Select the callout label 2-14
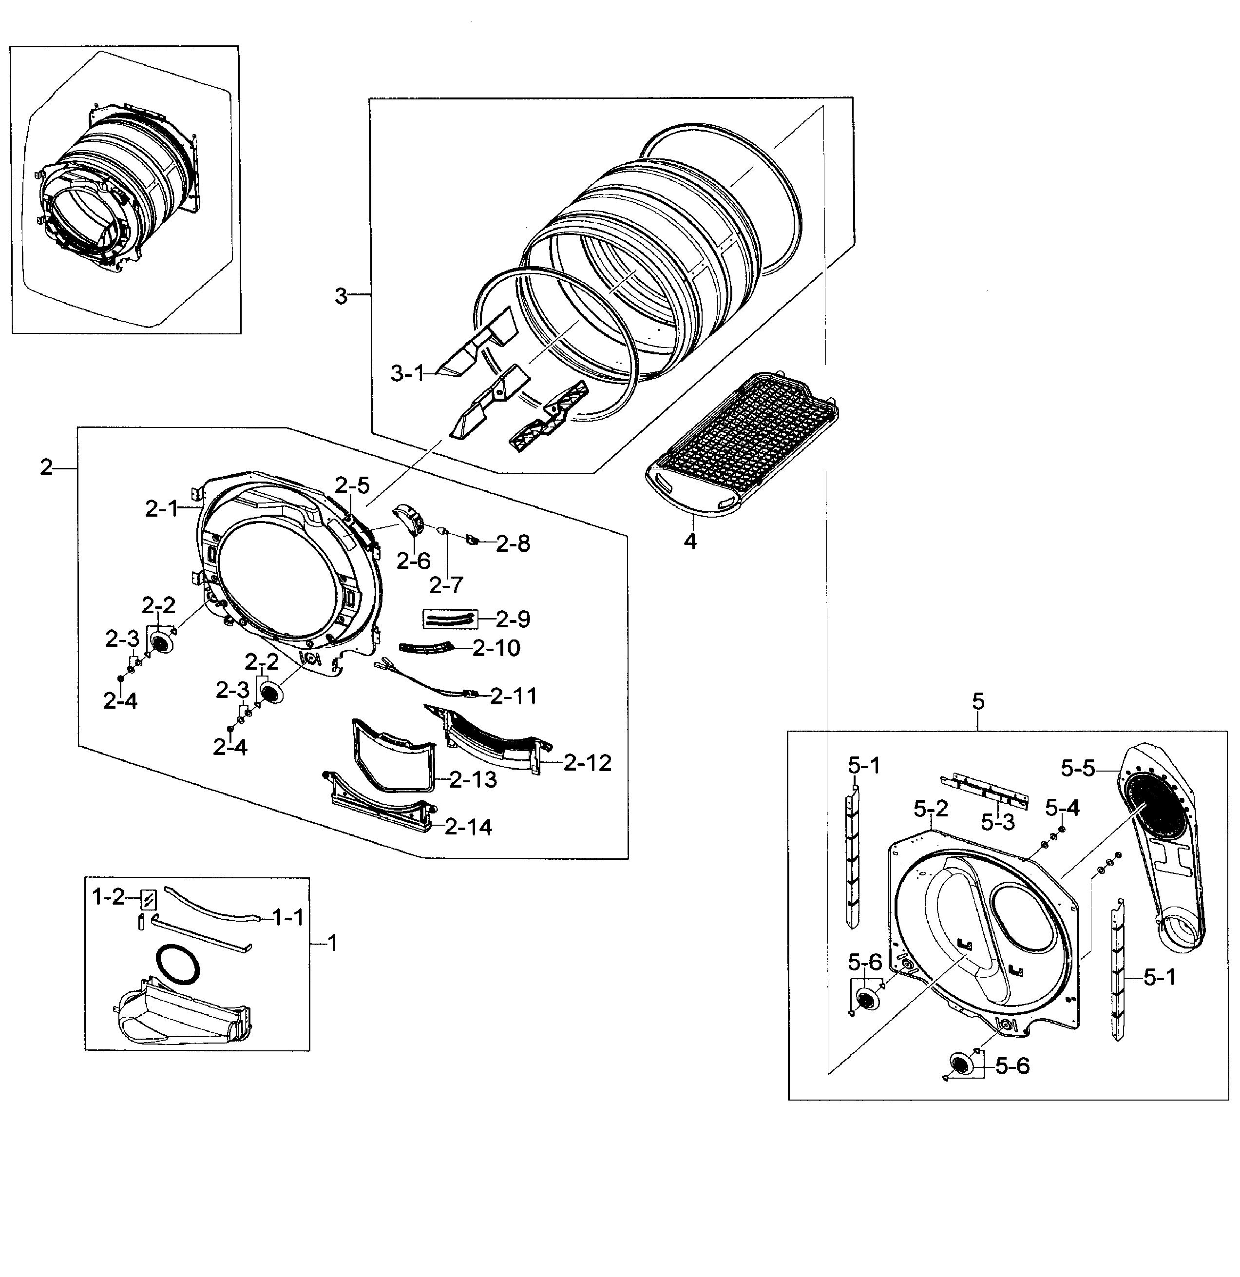click(468, 828)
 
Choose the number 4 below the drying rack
click(690, 541)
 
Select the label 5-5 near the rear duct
click(1077, 769)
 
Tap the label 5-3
click(998, 823)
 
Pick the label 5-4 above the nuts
click(1062, 809)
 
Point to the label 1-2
click(108, 898)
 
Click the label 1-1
click(287, 918)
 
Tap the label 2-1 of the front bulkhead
click(161, 509)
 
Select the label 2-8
click(513, 544)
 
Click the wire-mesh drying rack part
click(743, 443)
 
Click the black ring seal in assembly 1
click(178, 964)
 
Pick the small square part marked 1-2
click(149, 900)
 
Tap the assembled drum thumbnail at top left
click(117, 189)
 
